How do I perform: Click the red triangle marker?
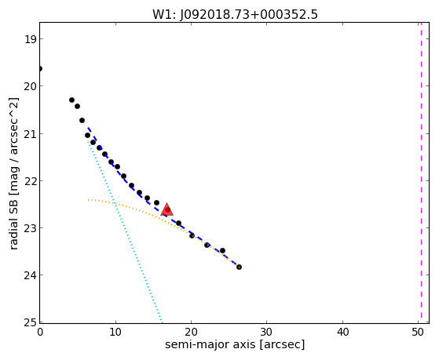pyautogui.click(x=166, y=209)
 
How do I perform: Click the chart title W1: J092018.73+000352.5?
pyautogui.click(x=235, y=15)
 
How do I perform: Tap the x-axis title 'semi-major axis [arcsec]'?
pyautogui.click(x=235, y=344)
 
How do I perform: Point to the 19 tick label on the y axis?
pyautogui.click(x=29, y=39)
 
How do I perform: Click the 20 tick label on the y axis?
pyautogui.click(x=29, y=86)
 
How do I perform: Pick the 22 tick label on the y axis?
pyautogui.click(x=29, y=181)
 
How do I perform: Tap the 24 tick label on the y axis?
pyautogui.click(x=29, y=275)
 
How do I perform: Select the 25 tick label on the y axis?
pyautogui.click(x=29, y=322)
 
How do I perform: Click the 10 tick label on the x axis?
pyautogui.click(x=115, y=332)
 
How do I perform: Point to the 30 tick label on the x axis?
pyautogui.click(x=266, y=332)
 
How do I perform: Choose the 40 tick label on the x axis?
pyautogui.click(x=342, y=332)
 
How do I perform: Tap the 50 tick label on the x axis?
pyautogui.click(x=418, y=332)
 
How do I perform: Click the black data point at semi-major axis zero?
pyautogui.click(x=40, y=68)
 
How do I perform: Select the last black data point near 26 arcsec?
pyautogui.click(x=239, y=267)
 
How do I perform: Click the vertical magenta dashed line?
pyautogui.click(x=421, y=173)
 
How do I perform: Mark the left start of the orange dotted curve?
pyautogui.click(x=88, y=200)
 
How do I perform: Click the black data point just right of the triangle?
pyautogui.click(x=178, y=223)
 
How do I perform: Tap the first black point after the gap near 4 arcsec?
pyautogui.click(x=71, y=100)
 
